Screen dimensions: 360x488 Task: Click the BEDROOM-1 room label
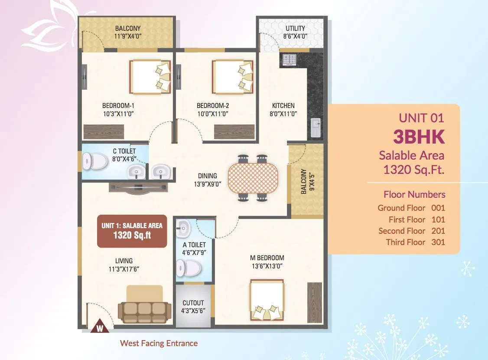click(x=118, y=105)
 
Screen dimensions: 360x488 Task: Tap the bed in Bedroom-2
click(x=231, y=76)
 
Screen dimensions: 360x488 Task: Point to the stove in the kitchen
click(x=289, y=60)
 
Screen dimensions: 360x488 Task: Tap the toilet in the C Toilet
click(x=96, y=162)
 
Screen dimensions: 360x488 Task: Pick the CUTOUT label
click(x=193, y=303)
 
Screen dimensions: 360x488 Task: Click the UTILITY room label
click(x=295, y=29)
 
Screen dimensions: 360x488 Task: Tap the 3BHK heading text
click(x=419, y=137)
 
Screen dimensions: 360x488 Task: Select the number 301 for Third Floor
click(x=438, y=242)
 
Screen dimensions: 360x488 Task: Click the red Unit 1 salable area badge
click(x=132, y=231)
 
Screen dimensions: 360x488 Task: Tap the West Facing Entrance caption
click(x=159, y=343)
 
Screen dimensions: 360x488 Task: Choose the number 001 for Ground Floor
click(x=438, y=208)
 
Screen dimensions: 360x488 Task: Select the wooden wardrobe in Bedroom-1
click(x=103, y=131)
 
